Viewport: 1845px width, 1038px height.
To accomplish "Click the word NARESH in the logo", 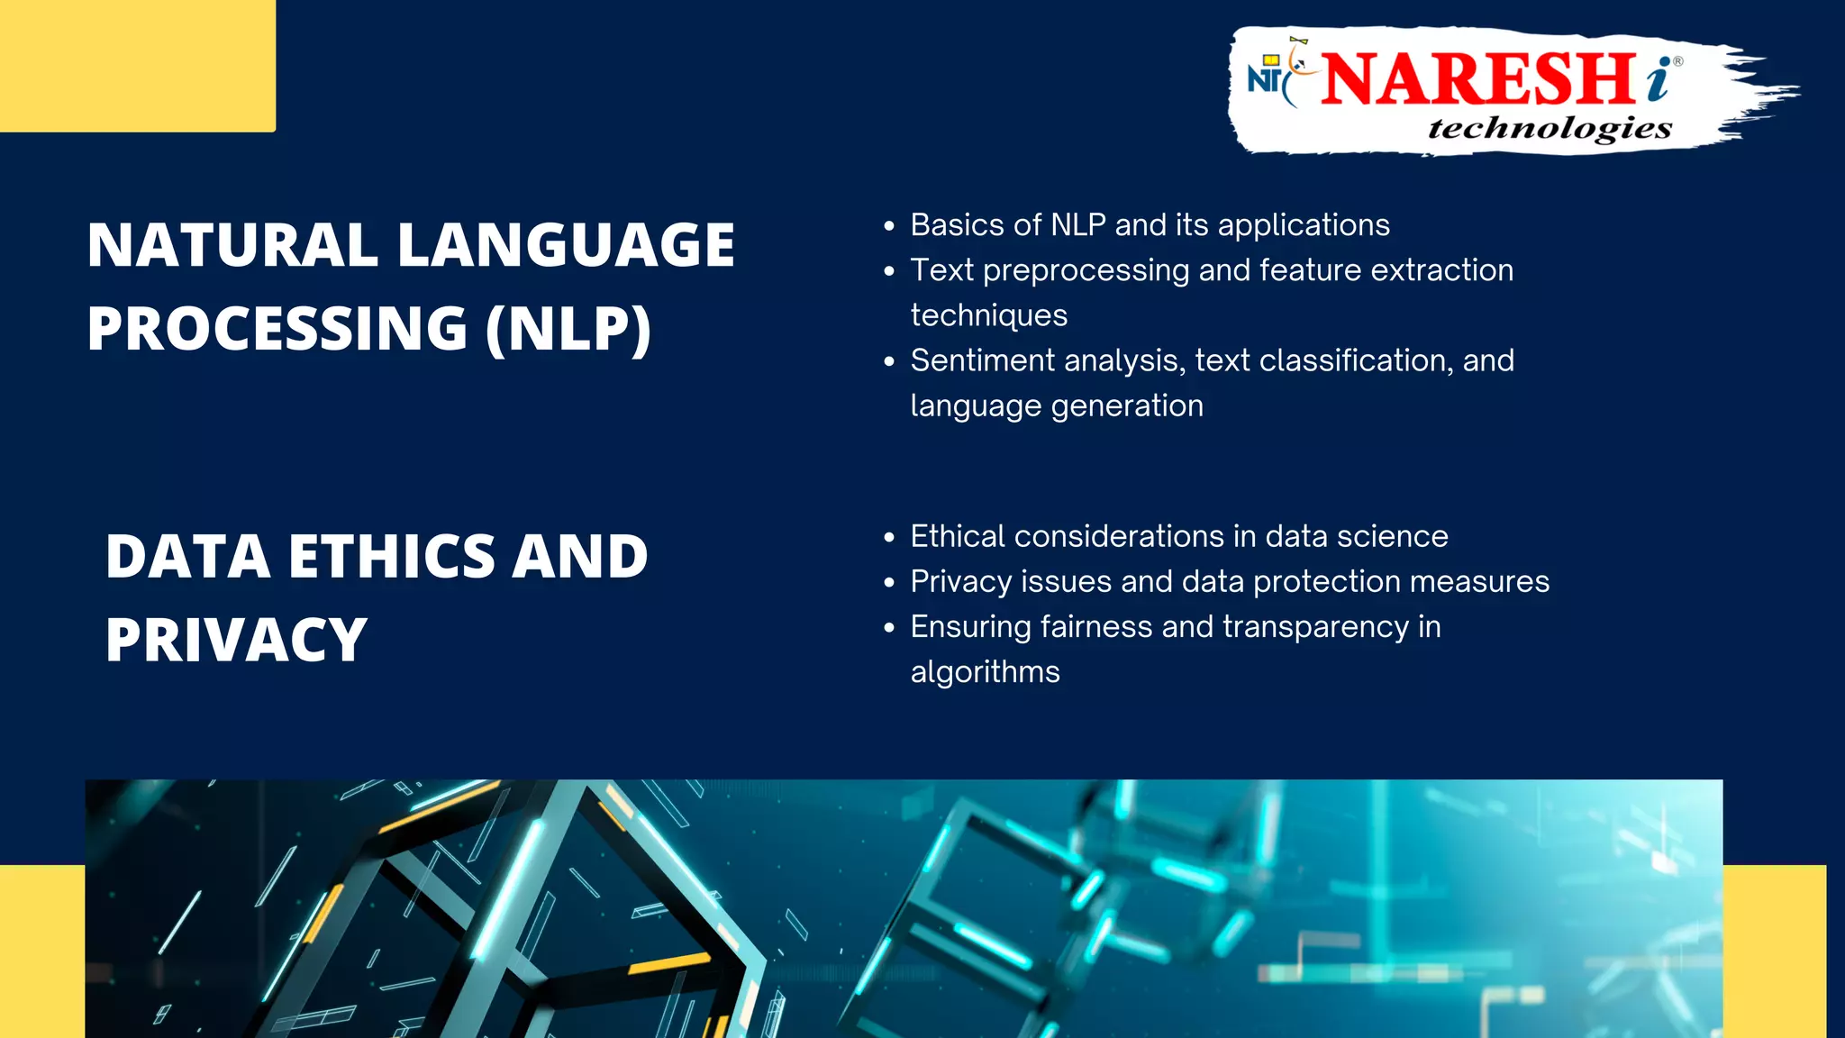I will click(1477, 79).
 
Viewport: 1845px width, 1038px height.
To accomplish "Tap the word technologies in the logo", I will click(1550, 128).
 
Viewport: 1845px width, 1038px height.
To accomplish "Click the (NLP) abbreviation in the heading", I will click(568, 329).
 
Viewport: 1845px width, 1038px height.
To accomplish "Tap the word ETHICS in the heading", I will click(392, 556).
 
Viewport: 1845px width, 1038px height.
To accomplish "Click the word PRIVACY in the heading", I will click(236, 640).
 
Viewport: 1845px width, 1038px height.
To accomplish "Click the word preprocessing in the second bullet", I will click(1086, 270).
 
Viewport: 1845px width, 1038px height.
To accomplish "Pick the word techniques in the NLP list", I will click(988, 315).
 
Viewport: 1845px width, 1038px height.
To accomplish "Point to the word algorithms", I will click(985, 672).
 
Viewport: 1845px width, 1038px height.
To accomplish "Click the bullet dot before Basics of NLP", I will click(889, 226).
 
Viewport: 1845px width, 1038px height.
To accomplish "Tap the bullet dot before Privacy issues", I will click(889, 583).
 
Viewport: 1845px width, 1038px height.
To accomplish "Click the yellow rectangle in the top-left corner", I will click(137, 66).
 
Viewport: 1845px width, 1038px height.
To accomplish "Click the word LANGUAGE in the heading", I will click(566, 245).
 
